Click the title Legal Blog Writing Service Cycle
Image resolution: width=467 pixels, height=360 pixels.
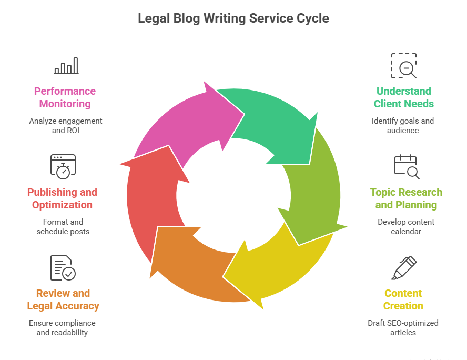(233, 18)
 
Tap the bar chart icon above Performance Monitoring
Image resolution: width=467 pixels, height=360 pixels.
(66, 66)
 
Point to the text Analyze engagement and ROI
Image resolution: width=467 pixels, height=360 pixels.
(65, 126)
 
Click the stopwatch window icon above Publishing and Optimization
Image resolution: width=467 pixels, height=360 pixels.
(63, 165)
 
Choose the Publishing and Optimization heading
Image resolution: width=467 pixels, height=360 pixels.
(62, 198)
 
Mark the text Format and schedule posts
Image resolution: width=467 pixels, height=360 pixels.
(63, 227)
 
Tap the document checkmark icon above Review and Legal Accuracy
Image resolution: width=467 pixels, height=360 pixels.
(63, 267)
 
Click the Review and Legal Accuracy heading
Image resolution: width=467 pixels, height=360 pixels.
(63, 299)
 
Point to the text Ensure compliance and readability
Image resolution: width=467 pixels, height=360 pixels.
(62, 328)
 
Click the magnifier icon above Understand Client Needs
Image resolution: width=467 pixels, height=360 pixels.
(403, 66)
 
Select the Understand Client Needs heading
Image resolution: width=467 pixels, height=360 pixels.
(403, 97)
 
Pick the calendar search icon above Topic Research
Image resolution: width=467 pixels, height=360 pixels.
(406, 166)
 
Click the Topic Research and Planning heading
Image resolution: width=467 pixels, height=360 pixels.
(406, 198)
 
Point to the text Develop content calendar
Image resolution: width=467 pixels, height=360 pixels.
(406, 227)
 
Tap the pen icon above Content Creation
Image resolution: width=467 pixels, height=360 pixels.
(403, 268)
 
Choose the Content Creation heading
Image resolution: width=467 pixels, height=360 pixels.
(403, 299)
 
